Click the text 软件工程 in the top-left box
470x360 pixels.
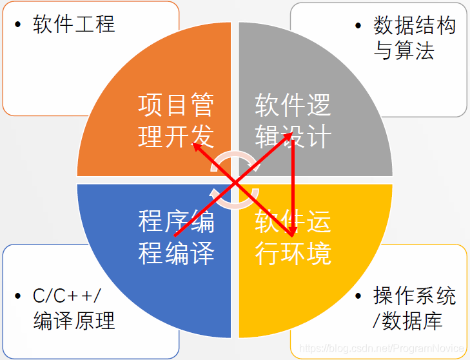73,25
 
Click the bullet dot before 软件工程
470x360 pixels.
17,25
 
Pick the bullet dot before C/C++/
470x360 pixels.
17,297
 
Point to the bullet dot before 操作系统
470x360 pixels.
358,297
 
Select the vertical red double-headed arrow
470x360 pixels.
292,181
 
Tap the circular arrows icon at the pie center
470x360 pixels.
235,179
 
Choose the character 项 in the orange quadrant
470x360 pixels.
149,105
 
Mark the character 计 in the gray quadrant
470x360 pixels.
319,136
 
